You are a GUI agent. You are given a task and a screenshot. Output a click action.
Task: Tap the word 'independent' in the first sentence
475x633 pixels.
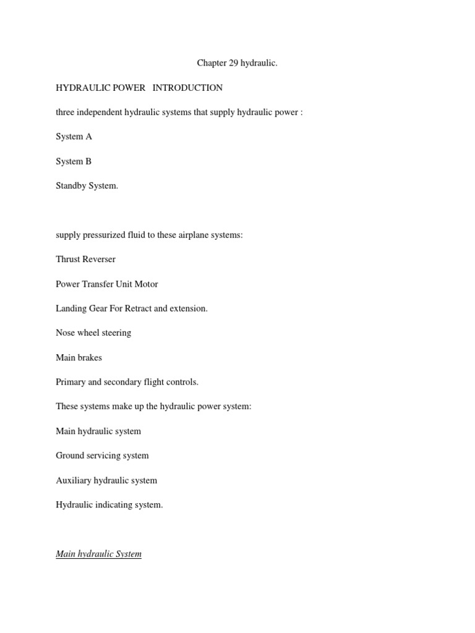coord(101,112)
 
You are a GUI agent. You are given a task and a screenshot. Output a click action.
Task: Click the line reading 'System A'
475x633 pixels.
coord(74,137)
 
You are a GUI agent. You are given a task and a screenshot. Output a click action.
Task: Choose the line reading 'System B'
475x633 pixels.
coord(74,161)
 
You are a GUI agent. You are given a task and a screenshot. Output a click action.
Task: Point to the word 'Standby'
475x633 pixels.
coord(71,185)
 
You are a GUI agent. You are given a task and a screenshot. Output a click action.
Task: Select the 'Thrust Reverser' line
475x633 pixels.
coord(85,259)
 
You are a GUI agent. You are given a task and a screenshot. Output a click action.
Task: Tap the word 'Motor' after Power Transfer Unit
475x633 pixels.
coord(146,284)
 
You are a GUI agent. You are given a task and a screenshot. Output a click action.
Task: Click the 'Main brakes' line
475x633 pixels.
coord(79,357)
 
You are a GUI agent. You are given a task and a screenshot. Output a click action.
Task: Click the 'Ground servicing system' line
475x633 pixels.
coord(102,456)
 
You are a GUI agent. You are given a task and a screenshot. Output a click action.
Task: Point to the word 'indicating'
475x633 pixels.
coord(113,504)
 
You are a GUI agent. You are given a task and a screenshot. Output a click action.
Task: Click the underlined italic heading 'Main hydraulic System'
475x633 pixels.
coord(98,554)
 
